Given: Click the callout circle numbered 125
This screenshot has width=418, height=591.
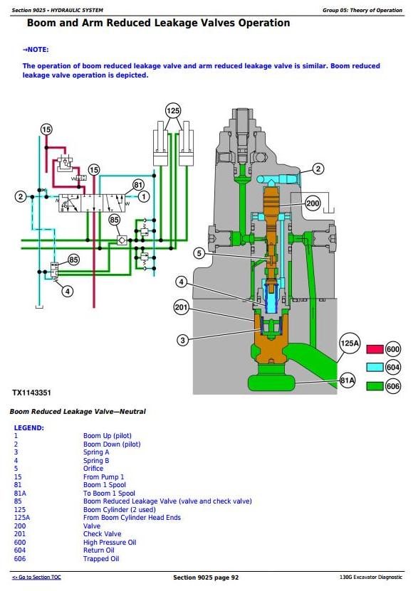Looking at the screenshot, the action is (x=173, y=111).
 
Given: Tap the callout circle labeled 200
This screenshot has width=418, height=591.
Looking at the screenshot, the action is (x=313, y=204).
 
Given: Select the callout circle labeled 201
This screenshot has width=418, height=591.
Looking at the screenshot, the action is (x=181, y=307).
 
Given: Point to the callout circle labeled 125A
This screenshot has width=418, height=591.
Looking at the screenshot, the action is (x=350, y=343).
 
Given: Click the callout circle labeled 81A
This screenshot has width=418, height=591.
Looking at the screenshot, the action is (x=348, y=380).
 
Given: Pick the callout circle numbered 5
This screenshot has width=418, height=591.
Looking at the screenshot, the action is (x=199, y=253).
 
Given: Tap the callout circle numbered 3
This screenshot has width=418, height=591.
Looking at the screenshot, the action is (x=182, y=341).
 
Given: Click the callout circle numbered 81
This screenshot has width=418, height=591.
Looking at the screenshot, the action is (x=138, y=185).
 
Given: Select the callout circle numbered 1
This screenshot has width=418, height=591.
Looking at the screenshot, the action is (x=143, y=196).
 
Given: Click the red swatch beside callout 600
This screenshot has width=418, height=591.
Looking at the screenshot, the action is (x=375, y=349).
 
